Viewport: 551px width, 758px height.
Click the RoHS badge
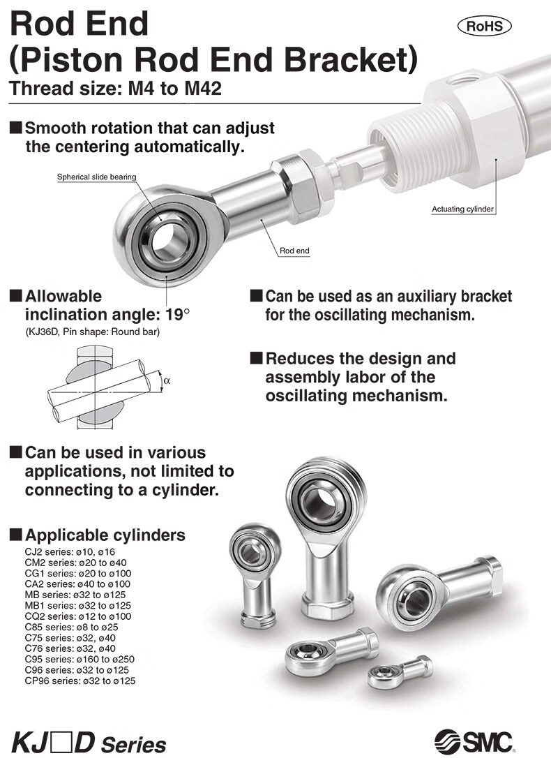point(484,26)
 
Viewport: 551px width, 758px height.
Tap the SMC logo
point(474,740)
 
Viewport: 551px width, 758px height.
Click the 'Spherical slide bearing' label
point(96,177)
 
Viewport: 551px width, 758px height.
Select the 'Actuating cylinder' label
point(462,209)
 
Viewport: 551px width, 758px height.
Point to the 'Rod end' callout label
point(294,251)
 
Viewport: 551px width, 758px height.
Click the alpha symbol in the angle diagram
point(167,380)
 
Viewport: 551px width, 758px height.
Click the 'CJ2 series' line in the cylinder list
point(70,551)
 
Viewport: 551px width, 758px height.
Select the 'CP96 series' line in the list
point(80,681)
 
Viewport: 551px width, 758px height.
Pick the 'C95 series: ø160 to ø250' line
point(80,659)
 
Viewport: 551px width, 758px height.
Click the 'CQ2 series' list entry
point(78,616)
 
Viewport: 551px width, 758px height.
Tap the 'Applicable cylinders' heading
point(105,535)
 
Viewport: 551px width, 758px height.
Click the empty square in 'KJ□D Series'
point(61,742)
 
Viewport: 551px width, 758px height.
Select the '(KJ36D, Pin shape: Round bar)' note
point(92,332)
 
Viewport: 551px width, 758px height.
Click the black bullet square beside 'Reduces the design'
point(257,358)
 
